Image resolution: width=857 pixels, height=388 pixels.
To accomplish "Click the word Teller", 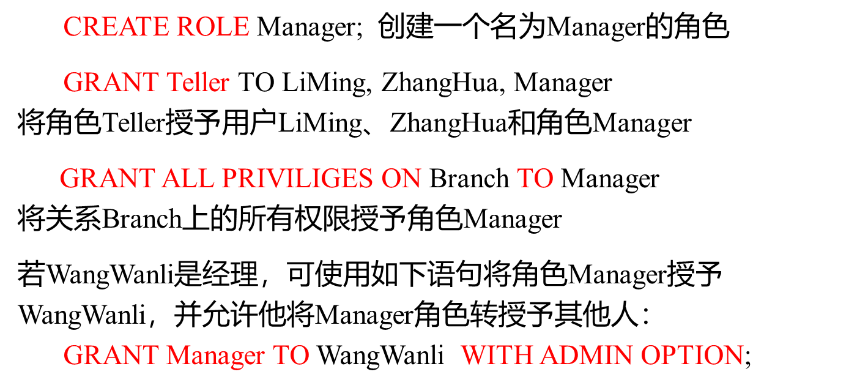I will pos(198,83).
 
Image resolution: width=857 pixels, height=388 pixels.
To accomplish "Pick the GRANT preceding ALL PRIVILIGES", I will pos(107,179).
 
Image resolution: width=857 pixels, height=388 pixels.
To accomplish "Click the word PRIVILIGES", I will pos(297,179).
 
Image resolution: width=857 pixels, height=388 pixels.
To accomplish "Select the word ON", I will pos(401,179).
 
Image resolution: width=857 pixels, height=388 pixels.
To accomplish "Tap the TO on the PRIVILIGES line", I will pos(535,179).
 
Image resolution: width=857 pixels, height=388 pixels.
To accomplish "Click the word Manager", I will pos(215,356).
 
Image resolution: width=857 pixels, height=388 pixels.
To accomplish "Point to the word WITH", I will pos(497,356).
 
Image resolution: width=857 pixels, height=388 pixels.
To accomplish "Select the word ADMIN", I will pos(587,356).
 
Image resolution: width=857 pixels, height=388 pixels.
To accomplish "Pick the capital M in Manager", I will pos(177,356).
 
